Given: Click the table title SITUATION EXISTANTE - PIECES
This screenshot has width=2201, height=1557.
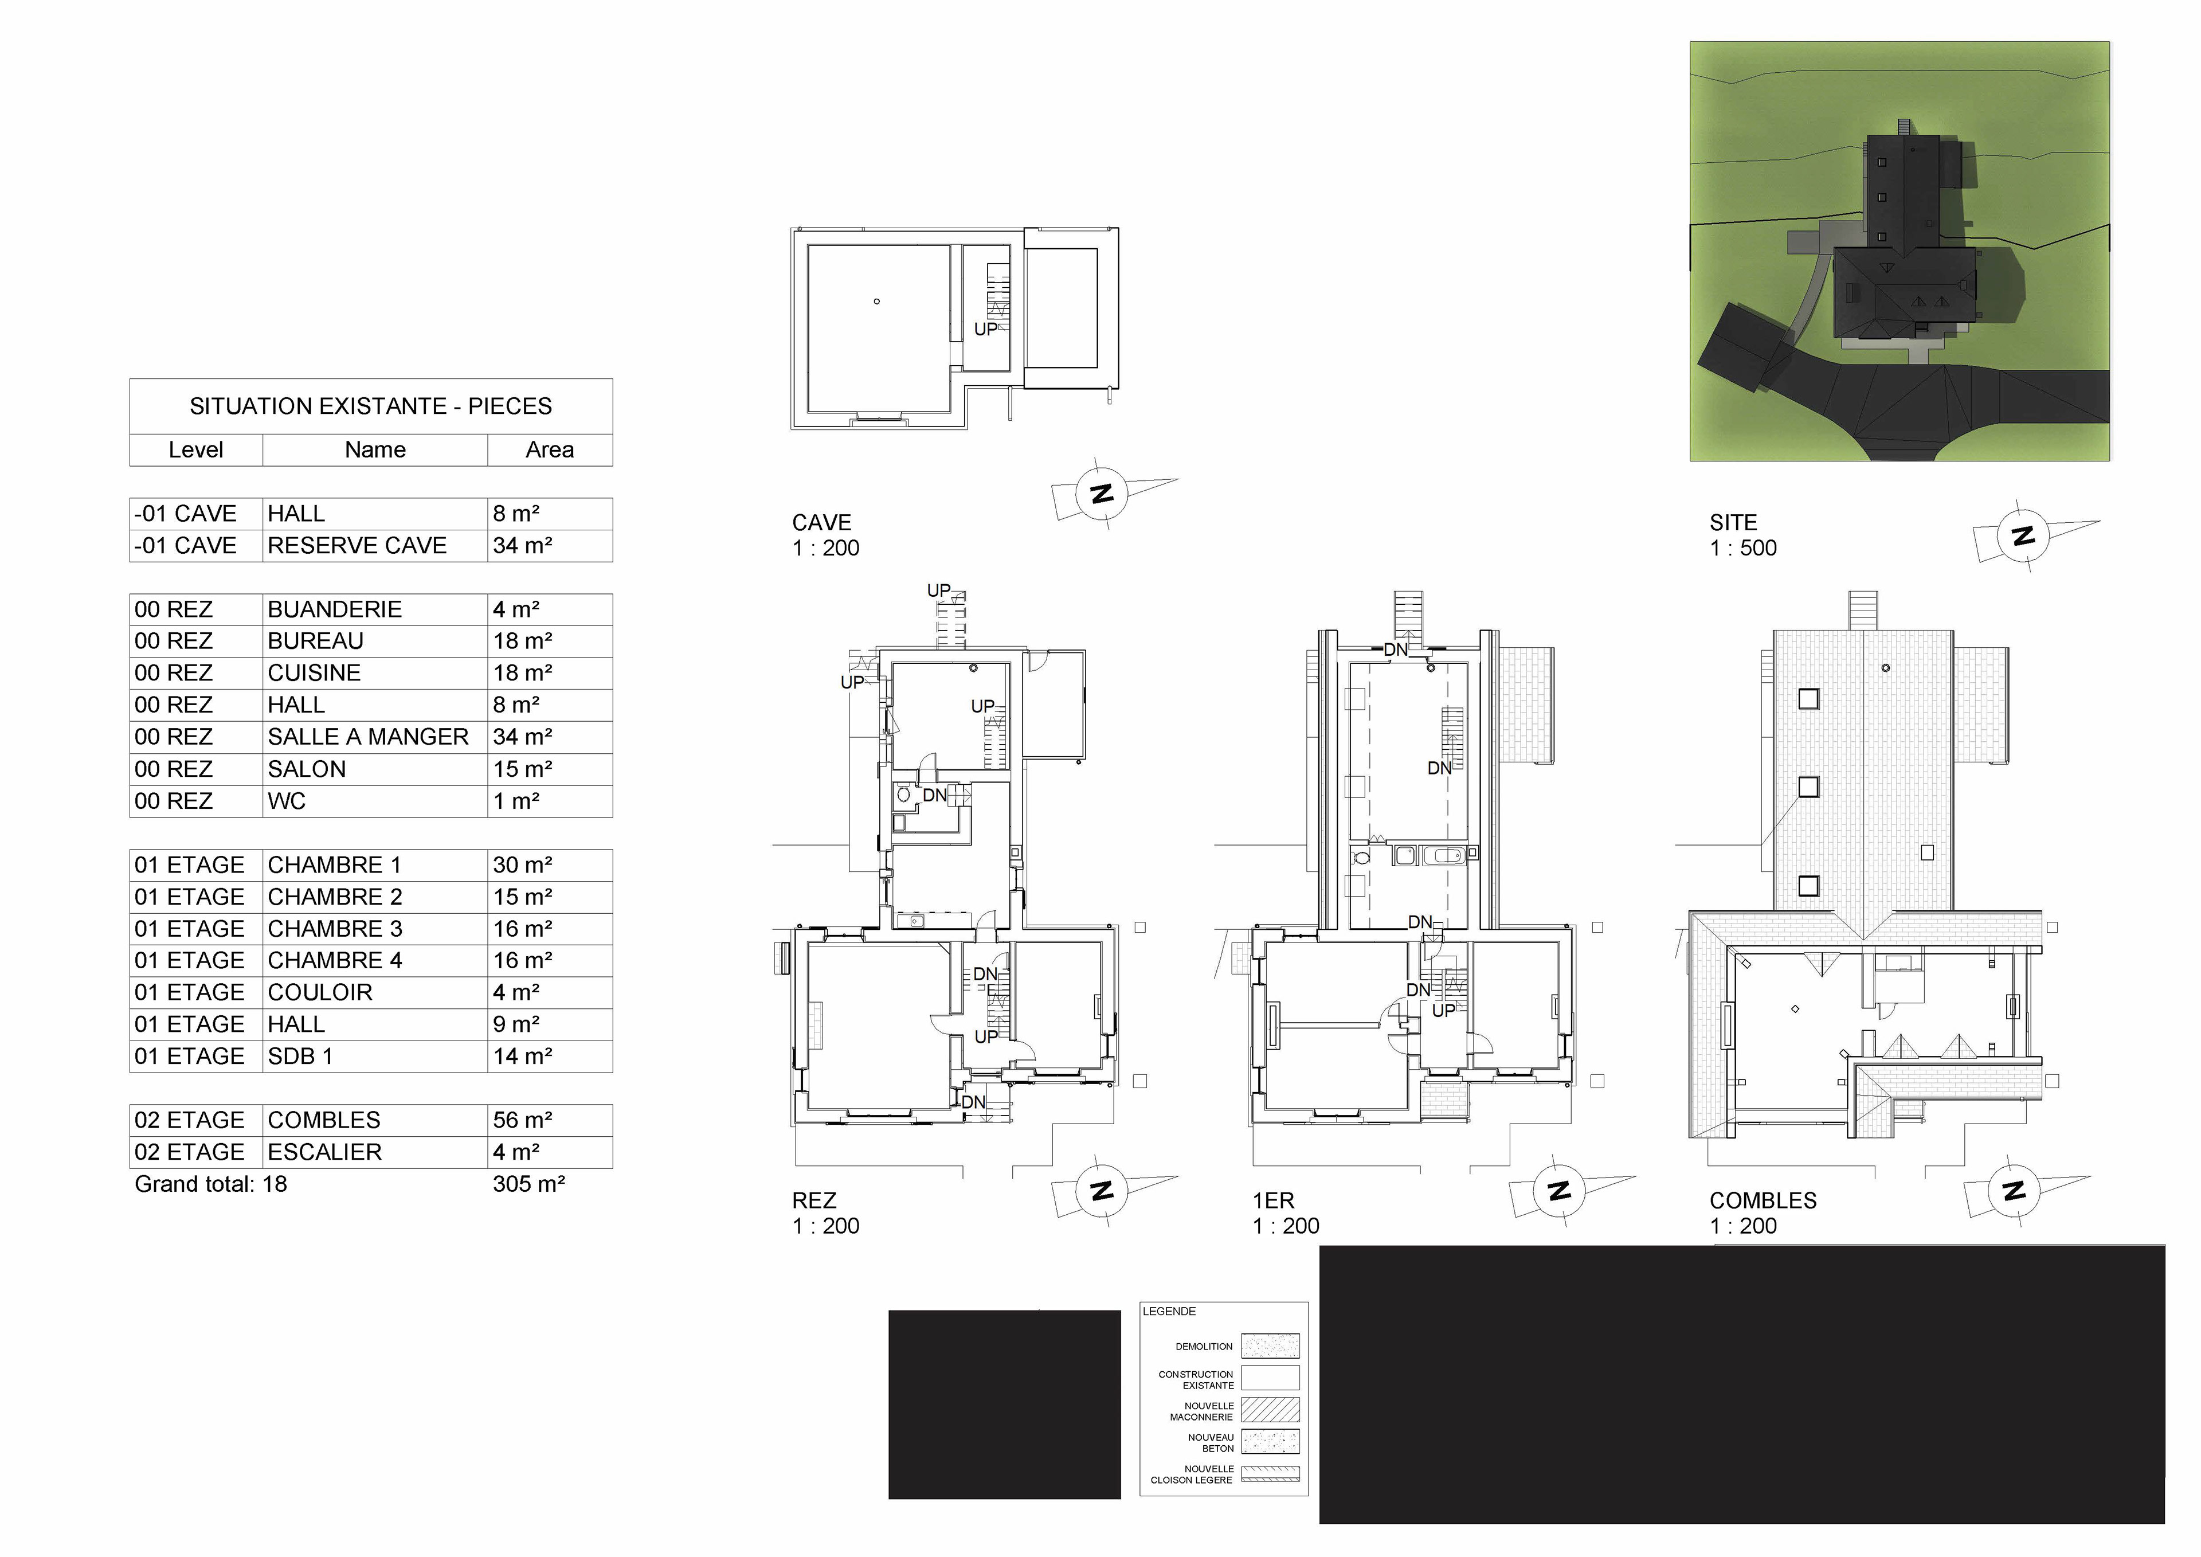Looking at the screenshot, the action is (x=370, y=406).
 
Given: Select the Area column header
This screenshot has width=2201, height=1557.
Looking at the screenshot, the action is (x=549, y=449).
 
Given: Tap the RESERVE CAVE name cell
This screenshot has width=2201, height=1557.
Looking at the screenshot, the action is (x=375, y=546).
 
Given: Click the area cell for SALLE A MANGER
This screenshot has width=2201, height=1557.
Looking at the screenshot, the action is (x=549, y=737).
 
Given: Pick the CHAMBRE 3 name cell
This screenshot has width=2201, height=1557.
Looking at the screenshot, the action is (x=375, y=929).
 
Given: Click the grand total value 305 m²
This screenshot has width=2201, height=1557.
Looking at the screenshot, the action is (x=528, y=1184).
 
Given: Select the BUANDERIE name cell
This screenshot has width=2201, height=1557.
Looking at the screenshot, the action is (x=375, y=610).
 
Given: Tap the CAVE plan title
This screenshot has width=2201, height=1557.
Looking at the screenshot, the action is (x=821, y=522).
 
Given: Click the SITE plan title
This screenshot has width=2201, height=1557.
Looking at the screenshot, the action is (x=1733, y=522).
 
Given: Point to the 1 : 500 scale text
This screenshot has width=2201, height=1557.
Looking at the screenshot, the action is (x=1743, y=549).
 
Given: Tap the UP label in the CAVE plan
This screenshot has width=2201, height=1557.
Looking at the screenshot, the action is (x=985, y=329).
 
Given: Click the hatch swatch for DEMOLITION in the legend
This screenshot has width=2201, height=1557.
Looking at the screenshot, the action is (x=1270, y=1346).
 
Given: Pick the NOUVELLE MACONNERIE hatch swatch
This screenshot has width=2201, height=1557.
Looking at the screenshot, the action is (x=1270, y=1409).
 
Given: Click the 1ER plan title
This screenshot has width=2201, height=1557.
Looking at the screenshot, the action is (x=1273, y=1200).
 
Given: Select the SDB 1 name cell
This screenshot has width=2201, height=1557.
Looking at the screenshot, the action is (x=375, y=1057).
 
